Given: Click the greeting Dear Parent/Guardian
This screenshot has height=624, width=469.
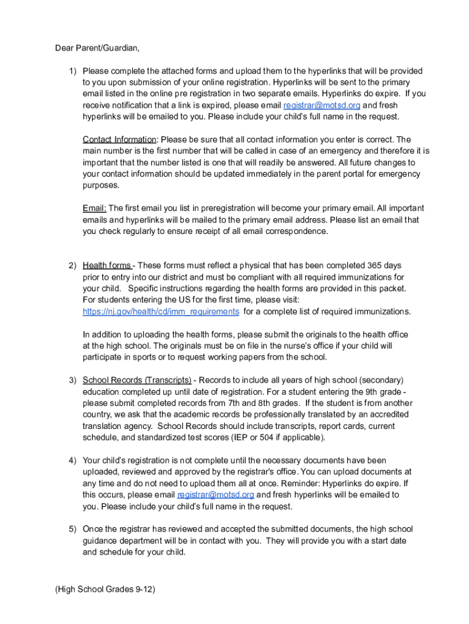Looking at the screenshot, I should click(x=93, y=48).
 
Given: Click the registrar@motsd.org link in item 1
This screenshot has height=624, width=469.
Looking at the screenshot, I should click(x=322, y=105).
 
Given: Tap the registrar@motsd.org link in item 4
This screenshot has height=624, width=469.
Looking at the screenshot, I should click(x=216, y=495).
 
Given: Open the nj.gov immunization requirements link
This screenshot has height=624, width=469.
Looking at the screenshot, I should click(x=161, y=311).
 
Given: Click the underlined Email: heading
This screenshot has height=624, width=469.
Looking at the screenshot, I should click(x=94, y=208).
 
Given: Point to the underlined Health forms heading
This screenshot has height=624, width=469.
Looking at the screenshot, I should click(x=107, y=266).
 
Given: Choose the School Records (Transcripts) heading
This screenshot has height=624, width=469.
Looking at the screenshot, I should click(x=137, y=380).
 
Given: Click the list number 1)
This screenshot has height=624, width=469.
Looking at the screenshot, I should click(x=72, y=71).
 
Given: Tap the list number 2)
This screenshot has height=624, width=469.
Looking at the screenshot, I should click(x=72, y=266).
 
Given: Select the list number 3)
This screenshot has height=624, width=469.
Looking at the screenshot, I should click(x=72, y=380).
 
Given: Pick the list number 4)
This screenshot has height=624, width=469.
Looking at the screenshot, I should click(x=72, y=461).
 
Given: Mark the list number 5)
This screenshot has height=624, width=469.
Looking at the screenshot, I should click(x=72, y=530).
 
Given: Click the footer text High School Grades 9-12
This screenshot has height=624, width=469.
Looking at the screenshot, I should click(x=105, y=589).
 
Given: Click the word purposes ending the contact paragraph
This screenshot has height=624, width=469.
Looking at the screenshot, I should click(x=101, y=185).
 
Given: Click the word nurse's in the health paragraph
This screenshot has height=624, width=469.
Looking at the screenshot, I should click(x=289, y=346).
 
